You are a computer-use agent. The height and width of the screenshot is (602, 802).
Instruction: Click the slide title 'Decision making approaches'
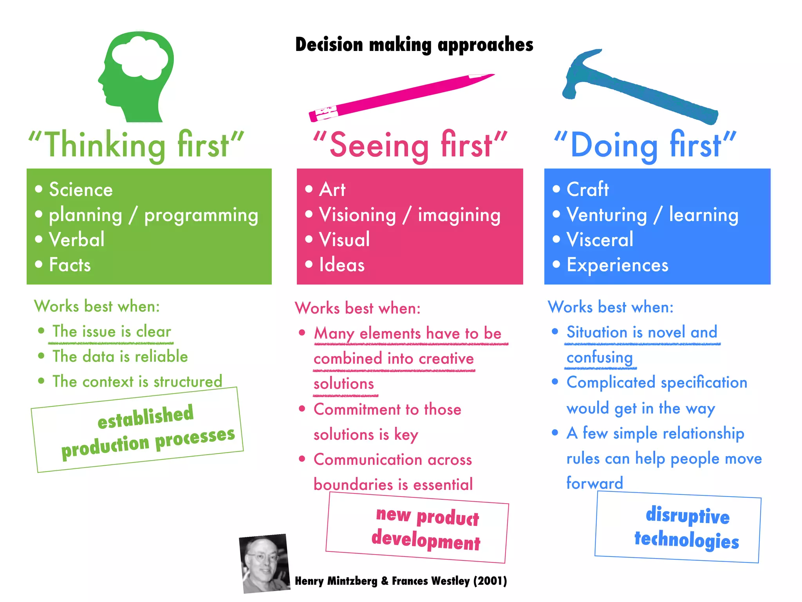tap(414, 44)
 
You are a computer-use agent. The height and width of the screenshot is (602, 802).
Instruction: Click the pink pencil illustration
tap(399, 96)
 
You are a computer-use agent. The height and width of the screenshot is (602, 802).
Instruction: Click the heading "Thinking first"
tap(136, 145)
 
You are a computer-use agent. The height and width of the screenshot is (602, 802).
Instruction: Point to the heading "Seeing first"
tap(410, 145)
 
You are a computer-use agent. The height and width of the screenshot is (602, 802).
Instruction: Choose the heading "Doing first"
tap(645, 145)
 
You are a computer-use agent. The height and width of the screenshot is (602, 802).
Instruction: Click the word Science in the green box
tap(81, 190)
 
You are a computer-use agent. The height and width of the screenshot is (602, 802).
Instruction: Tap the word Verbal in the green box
tap(77, 239)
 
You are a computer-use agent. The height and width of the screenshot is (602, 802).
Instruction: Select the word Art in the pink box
tap(332, 190)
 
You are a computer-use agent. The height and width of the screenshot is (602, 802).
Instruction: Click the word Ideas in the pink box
tap(341, 265)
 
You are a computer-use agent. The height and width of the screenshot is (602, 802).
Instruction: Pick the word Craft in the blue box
tap(587, 190)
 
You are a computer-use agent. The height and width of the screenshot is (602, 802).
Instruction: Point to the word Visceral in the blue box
tap(600, 239)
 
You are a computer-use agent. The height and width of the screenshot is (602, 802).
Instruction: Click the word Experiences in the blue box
tap(617, 265)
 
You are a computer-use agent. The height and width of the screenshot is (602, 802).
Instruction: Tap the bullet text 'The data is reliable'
tap(120, 357)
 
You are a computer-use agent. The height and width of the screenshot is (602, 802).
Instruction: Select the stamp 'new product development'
tap(417, 528)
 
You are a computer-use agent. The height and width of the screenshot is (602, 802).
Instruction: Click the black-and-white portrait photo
tap(264, 563)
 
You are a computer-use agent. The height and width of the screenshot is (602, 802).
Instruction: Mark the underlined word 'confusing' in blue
tap(600, 357)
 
